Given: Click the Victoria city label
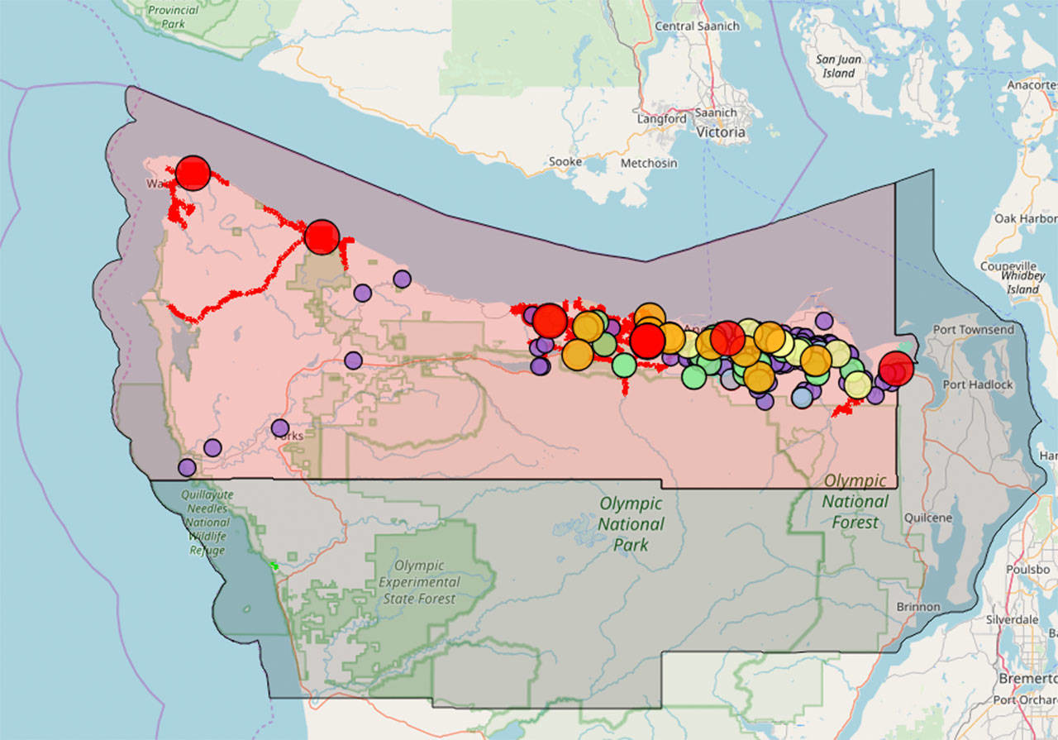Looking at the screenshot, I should click(x=721, y=132).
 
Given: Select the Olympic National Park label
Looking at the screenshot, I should click(x=631, y=523).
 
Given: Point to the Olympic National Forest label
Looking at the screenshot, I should click(x=855, y=500).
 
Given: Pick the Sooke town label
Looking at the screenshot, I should click(x=565, y=162).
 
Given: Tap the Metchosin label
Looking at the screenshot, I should click(x=650, y=163).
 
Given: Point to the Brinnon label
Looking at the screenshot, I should click(x=917, y=607).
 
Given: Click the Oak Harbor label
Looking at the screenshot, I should click(x=1026, y=218).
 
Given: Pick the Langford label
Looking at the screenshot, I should click(x=661, y=118).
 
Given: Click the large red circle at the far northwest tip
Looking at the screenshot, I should click(x=193, y=173).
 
